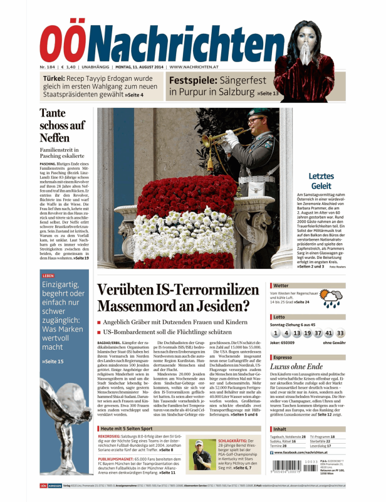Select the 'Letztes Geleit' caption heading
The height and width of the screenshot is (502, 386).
point(321,181)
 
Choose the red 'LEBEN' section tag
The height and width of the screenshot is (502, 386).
point(48,276)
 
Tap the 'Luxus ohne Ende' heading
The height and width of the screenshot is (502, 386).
point(296,367)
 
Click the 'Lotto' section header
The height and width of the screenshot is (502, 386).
point(279,318)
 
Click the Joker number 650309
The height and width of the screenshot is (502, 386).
point(291,343)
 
